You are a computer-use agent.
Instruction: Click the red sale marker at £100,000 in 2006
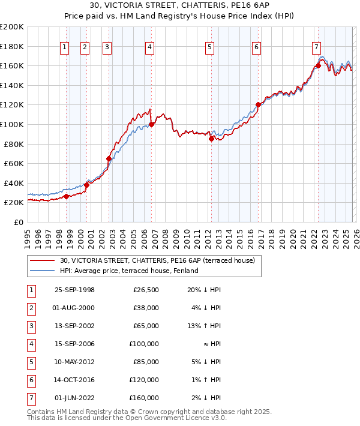tap(151, 125)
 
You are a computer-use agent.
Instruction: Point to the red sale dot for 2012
tap(211, 139)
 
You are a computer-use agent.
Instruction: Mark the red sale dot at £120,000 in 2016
tap(258, 105)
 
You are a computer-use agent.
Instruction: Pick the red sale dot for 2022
tap(318, 66)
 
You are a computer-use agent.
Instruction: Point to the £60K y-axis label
tap(14, 163)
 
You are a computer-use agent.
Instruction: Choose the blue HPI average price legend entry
tap(129, 271)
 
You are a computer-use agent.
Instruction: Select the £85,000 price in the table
tap(146, 362)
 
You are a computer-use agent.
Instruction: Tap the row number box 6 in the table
tap(30, 380)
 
